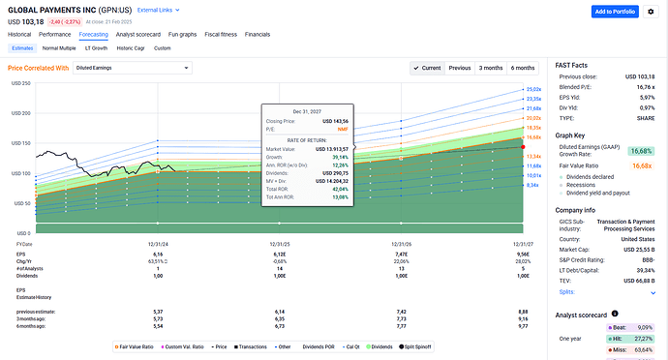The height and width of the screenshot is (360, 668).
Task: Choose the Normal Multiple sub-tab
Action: click(x=60, y=47)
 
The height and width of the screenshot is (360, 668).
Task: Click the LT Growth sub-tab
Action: click(x=97, y=47)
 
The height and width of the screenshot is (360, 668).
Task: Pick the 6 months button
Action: click(x=523, y=68)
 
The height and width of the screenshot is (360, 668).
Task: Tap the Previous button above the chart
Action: click(x=460, y=68)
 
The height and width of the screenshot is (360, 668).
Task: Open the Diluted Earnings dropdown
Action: click(x=115, y=69)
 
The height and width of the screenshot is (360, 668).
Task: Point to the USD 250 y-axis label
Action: click(x=20, y=84)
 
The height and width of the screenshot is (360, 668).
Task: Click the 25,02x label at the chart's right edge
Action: click(x=533, y=89)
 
